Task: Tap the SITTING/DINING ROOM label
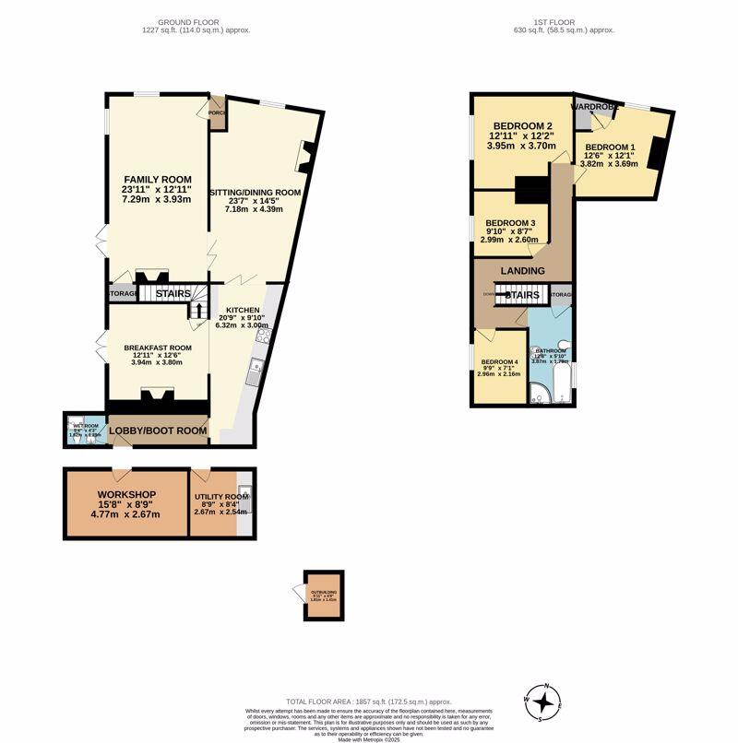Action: [256, 192]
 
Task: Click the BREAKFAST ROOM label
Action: [158, 348]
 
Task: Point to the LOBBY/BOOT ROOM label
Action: [157, 430]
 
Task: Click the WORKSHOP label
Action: [126, 495]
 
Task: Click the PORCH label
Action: [217, 113]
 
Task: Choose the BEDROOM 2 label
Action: [522, 126]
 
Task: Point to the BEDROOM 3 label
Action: [510, 223]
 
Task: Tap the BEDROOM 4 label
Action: [499, 361]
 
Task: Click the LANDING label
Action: [523, 270]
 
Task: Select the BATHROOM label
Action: [551, 351]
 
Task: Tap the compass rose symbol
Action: [546, 703]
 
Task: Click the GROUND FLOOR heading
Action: [190, 21]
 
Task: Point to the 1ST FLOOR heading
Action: [564, 21]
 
